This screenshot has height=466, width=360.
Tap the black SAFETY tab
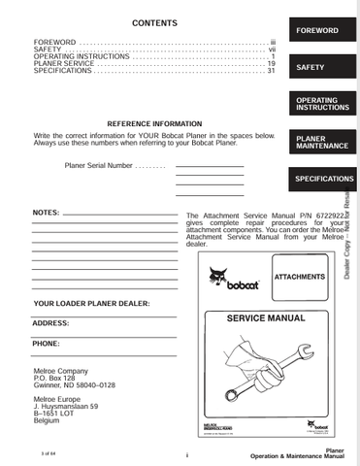coord(318,68)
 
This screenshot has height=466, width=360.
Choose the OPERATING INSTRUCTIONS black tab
coord(318,104)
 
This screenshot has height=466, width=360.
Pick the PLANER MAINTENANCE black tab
coord(318,142)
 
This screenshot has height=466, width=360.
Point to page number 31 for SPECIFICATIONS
coord(272,71)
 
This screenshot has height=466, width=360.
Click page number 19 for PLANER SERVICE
coord(272,63)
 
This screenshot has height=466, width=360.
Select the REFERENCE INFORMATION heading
coord(154,124)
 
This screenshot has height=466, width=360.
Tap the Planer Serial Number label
coord(98,166)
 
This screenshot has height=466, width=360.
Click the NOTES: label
coord(46,211)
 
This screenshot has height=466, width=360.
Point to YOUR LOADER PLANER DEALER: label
coord(91,304)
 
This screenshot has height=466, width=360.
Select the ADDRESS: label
coord(50,322)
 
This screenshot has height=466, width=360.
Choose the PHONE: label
coord(47,344)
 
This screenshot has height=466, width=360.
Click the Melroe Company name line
coord(61,370)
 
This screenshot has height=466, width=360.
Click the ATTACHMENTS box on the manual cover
coord(300,277)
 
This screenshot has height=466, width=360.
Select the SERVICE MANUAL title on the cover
coord(265,317)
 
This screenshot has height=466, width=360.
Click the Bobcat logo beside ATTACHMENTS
coord(233,283)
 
